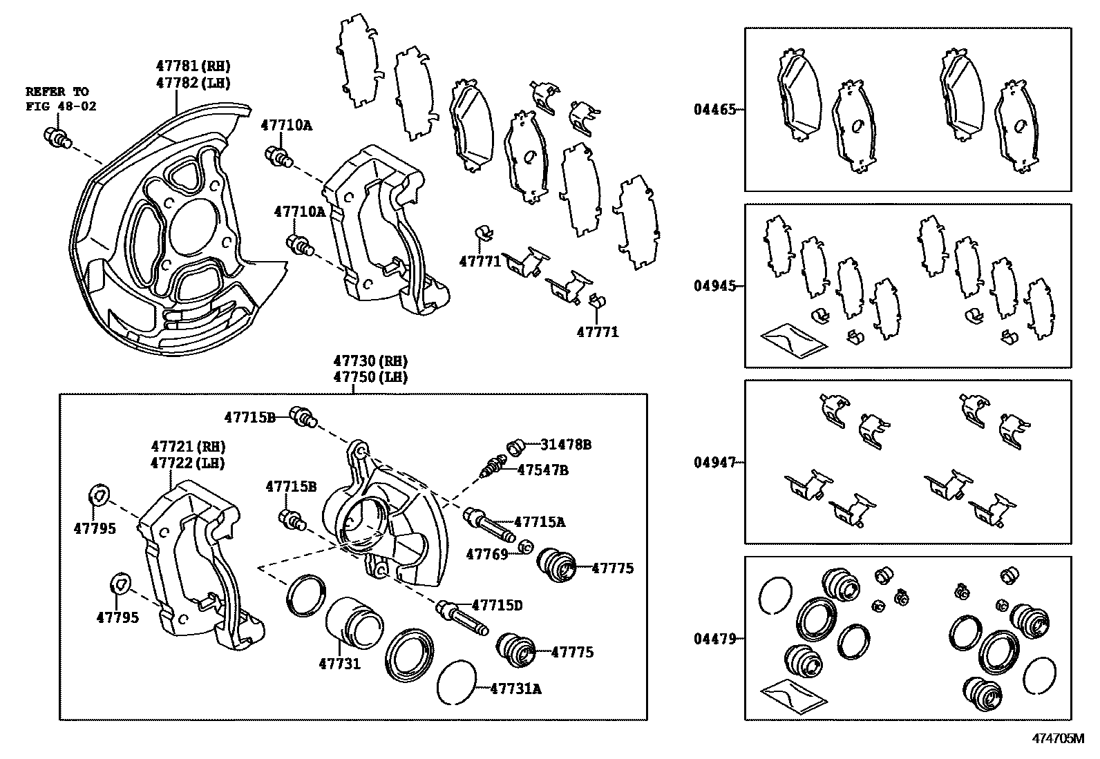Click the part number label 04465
coord(714,109)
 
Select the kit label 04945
coord(714,286)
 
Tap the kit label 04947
coord(714,462)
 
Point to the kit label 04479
coord(714,639)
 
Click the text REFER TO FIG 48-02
coord(61,99)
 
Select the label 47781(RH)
coord(192,66)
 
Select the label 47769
coord(486,554)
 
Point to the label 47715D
coord(497,606)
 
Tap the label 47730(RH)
coord(370,361)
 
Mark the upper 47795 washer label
coord(95,529)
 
